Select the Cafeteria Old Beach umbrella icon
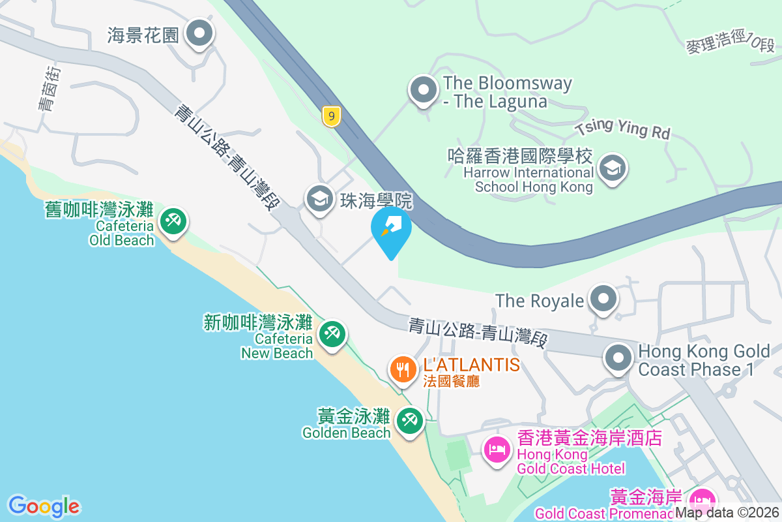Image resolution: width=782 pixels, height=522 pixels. pos(173,221)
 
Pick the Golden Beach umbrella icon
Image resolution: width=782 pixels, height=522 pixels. pos(409,420)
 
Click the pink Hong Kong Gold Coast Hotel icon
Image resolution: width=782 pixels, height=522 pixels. pos(497,449)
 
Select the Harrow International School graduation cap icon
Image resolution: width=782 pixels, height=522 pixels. pos(613,168)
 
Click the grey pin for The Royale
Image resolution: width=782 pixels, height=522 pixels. pos(603,299)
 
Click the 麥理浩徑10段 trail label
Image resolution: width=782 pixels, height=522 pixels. pos(730,44)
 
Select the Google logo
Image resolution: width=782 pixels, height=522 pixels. pos(44,506)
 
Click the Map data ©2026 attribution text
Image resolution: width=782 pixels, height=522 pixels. pos(727,512)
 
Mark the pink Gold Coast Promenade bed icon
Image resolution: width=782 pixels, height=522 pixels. pos(701,501)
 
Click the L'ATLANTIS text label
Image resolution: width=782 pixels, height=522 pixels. pos(471,364)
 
